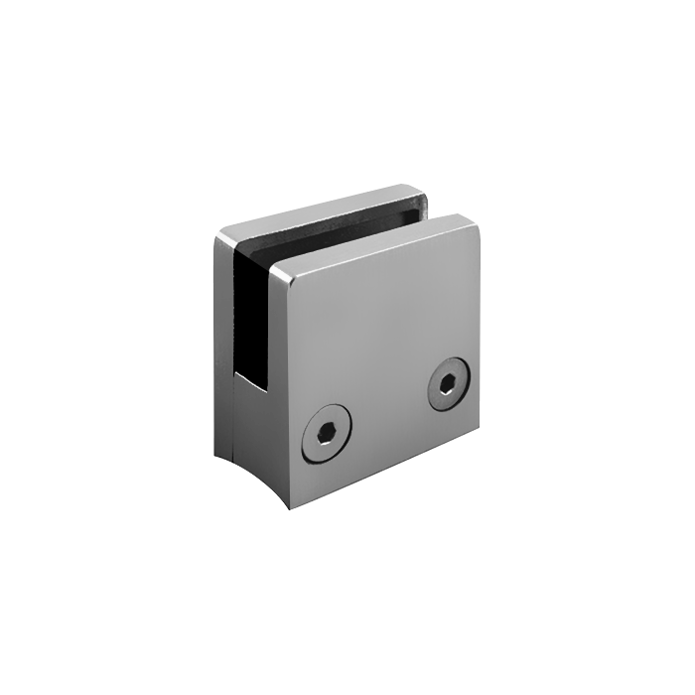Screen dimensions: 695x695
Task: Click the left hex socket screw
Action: (x=328, y=434)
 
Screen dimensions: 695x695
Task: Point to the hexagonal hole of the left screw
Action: (x=328, y=434)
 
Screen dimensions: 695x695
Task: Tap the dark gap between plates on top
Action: (x=347, y=226)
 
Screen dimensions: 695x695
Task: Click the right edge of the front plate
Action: (x=480, y=328)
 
